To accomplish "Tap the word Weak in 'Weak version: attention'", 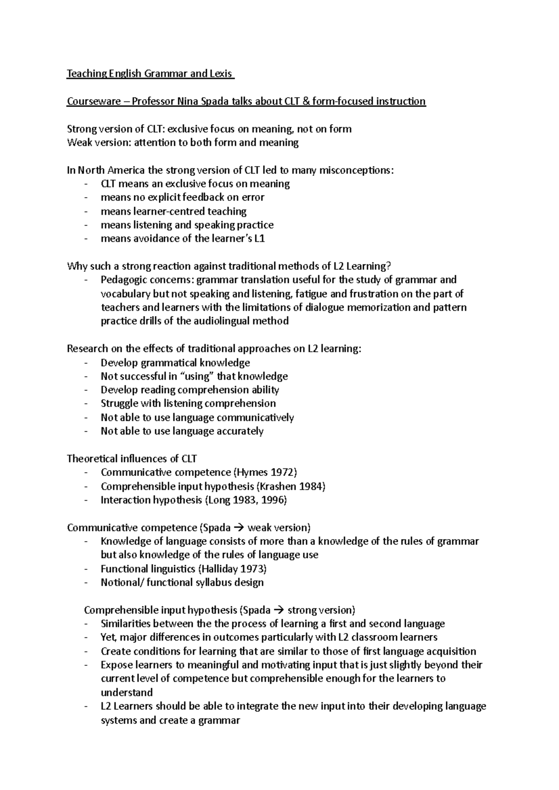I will tap(80, 142).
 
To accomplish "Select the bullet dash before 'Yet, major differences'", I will tap(86, 637).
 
